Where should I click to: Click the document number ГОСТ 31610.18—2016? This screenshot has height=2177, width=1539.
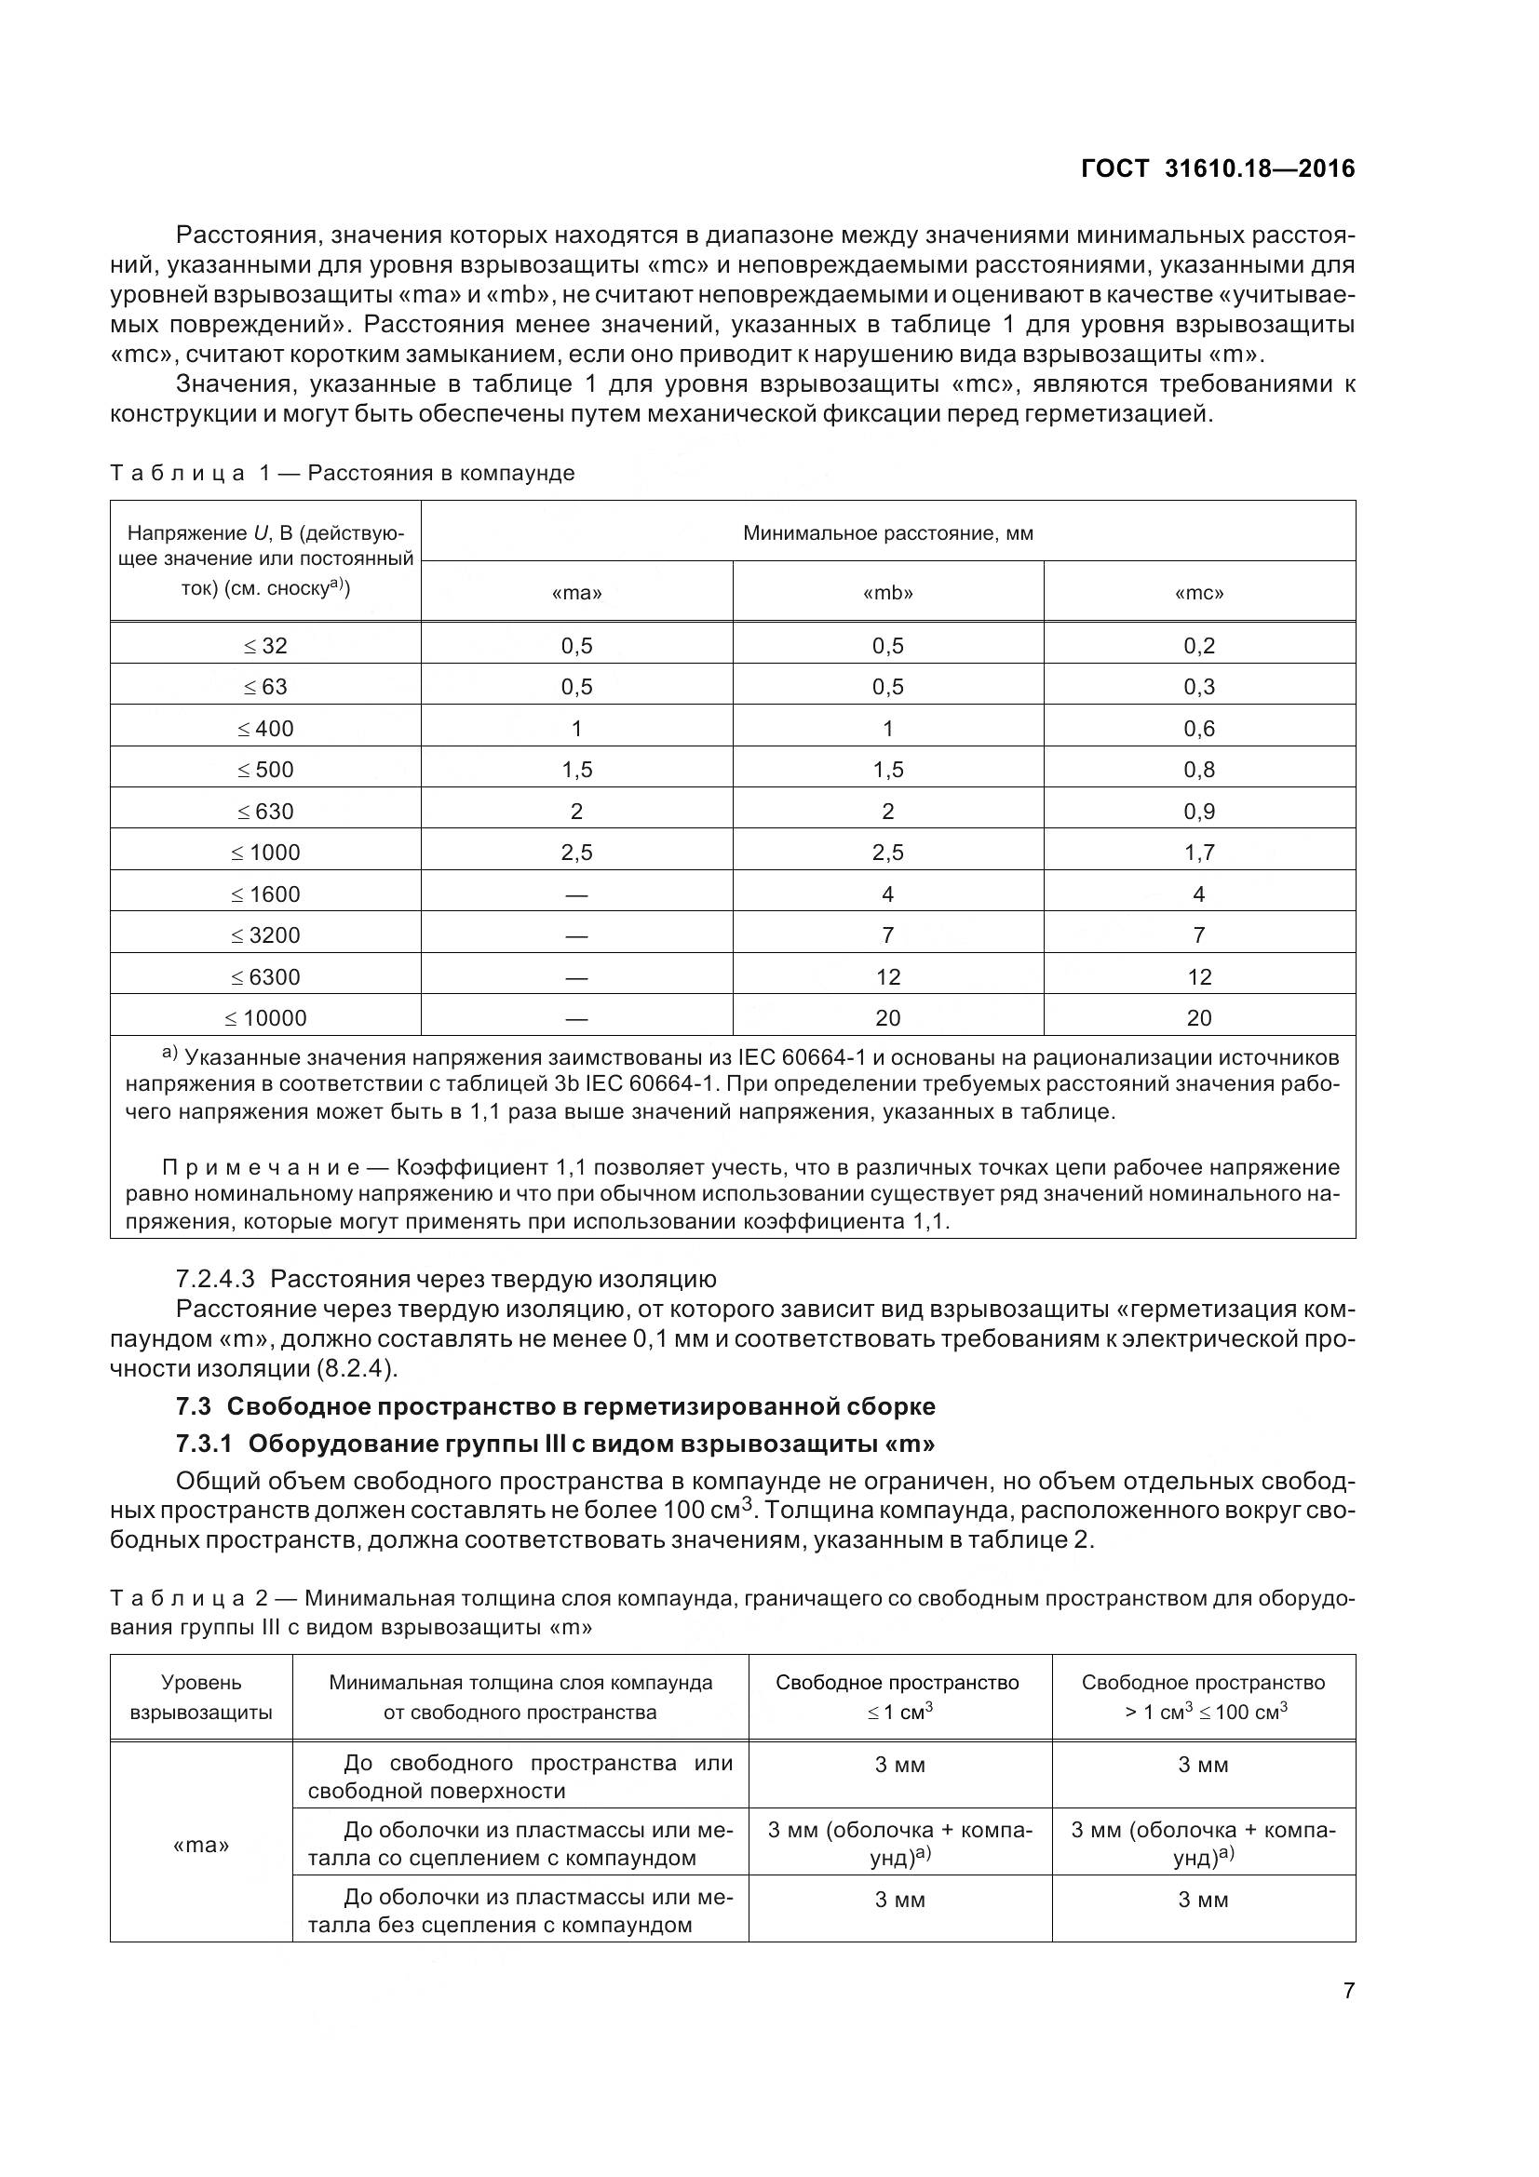click(1218, 168)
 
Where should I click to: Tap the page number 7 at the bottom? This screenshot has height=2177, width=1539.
click(1348, 1990)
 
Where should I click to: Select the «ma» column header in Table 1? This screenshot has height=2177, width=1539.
click(576, 593)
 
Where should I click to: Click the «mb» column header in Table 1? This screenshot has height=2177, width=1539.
click(887, 593)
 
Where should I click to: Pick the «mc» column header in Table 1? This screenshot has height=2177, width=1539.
click(1198, 593)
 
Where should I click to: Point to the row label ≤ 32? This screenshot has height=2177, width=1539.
click(264, 646)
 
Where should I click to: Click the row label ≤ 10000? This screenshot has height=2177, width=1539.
click(264, 1017)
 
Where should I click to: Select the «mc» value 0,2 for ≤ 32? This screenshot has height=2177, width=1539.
click(1198, 646)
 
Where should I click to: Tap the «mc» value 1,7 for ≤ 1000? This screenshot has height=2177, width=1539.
click(1198, 853)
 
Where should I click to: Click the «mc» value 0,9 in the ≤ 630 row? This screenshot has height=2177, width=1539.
click(1198, 811)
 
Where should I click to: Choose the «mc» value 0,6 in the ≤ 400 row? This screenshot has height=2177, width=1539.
click(1198, 728)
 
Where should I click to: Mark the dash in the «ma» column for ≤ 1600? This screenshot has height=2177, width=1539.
click(576, 894)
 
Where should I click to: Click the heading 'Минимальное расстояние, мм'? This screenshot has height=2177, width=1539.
click(887, 533)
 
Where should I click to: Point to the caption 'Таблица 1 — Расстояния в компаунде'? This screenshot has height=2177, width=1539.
click(343, 472)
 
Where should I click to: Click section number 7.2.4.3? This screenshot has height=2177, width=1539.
click(215, 1278)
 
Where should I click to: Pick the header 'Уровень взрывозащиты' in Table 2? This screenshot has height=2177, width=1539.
click(201, 1698)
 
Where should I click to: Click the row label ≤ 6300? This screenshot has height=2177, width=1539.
click(264, 976)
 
